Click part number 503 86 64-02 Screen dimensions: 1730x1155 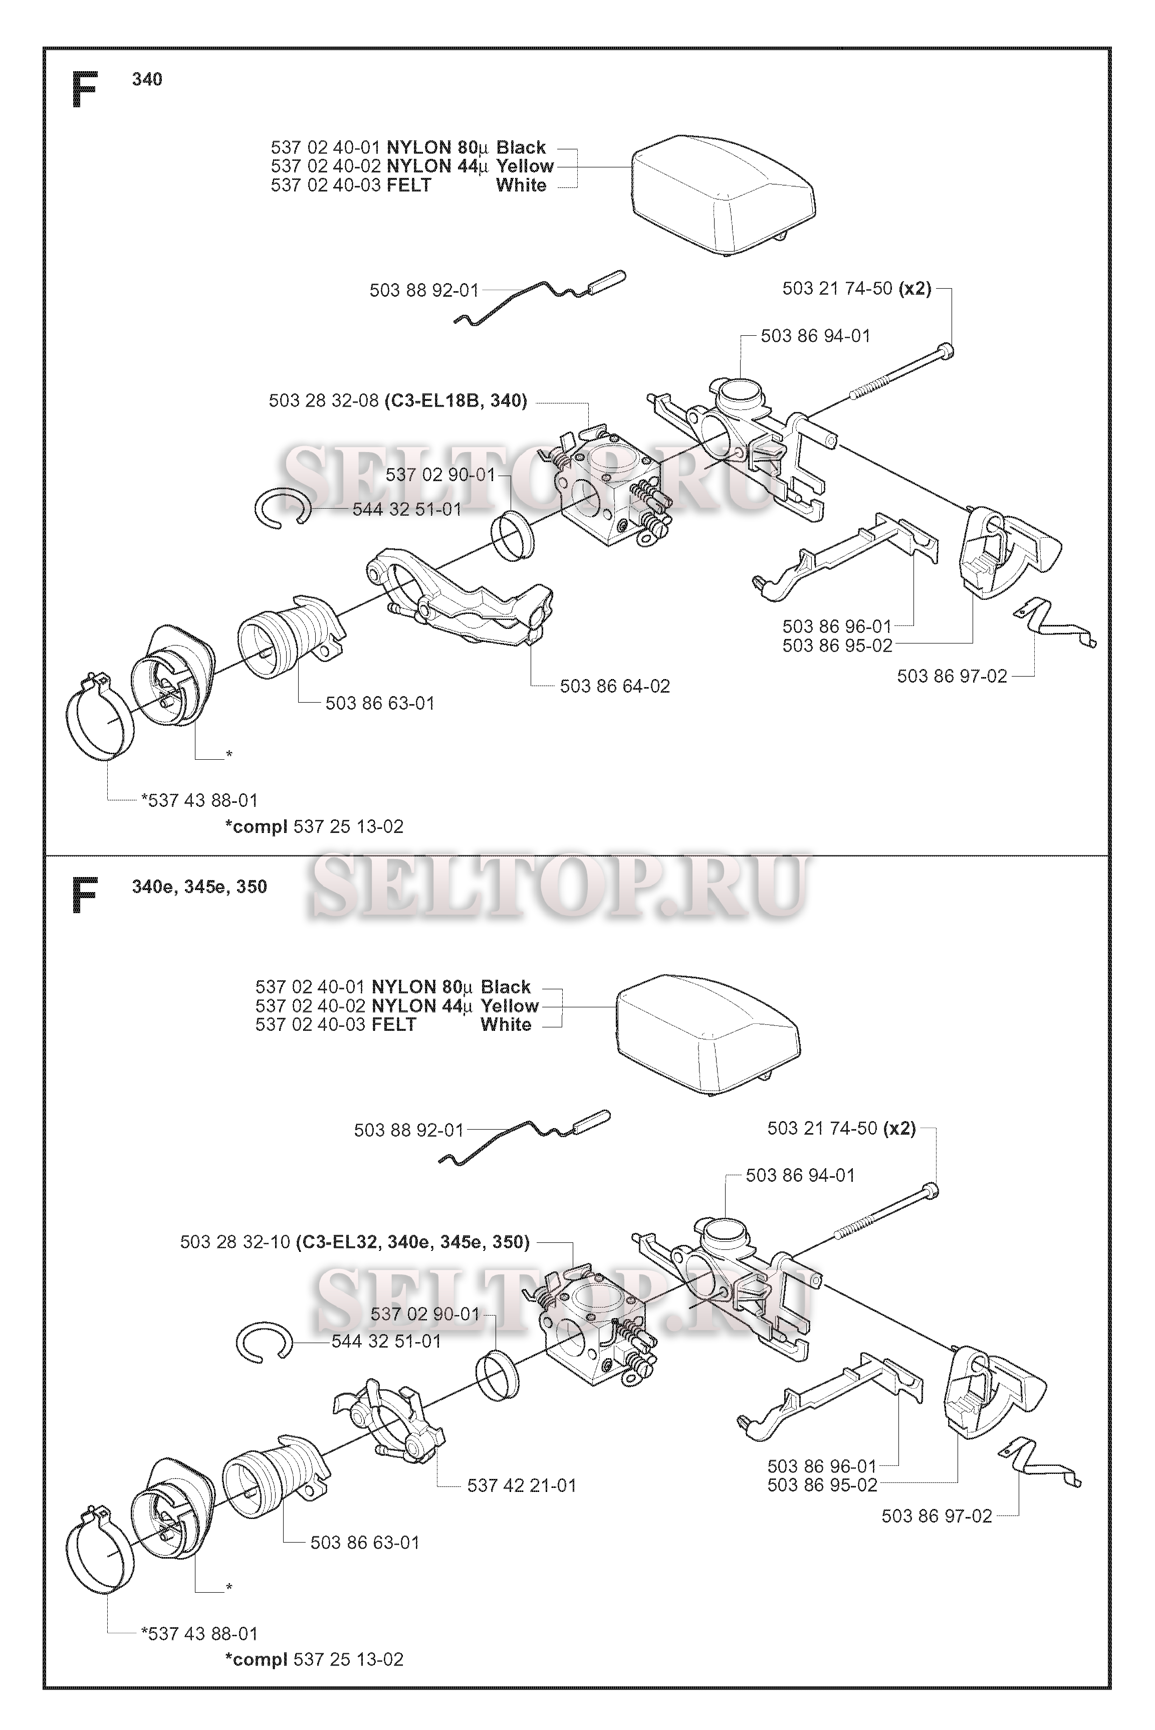[x=614, y=687]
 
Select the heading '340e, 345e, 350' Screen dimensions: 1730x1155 [x=199, y=887]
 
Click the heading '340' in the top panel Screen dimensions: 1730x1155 [x=147, y=80]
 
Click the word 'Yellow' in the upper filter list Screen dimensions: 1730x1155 [x=525, y=166]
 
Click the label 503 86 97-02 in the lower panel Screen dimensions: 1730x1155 [x=936, y=1517]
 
